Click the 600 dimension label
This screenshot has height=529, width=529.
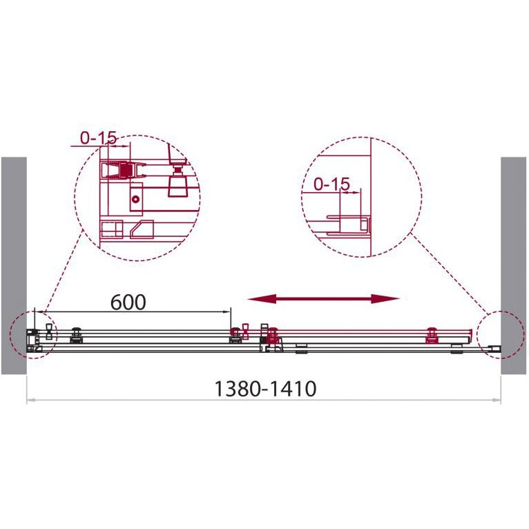128,302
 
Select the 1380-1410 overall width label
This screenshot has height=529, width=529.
265,389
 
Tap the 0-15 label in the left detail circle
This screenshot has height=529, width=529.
99,137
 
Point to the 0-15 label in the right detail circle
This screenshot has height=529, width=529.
331,184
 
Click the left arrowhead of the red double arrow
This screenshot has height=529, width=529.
262,298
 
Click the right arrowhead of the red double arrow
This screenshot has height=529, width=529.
385,298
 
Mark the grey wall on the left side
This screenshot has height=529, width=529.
14,266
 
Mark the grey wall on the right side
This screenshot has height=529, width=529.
513,266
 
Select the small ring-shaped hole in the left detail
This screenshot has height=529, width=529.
135,200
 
